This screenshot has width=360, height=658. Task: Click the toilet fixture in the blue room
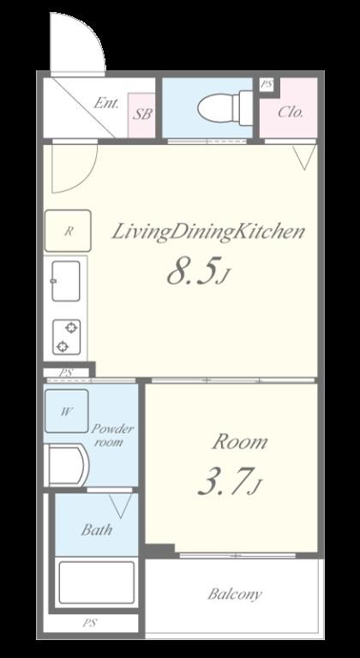[225, 107]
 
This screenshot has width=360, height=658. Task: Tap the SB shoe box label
[142, 114]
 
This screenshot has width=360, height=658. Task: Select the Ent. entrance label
[106, 103]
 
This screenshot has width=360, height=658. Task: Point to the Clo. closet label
[291, 112]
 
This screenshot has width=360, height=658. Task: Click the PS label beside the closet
[266, 84]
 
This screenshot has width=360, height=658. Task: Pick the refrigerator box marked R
[68, 230]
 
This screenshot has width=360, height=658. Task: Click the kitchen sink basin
[66, 281]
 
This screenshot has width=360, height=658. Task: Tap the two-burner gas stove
[66, 337]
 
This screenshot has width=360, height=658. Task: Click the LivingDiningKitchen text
[208, 233]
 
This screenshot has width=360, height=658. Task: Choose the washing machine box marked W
[66, 411]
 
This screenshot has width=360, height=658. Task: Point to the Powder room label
[112, 435]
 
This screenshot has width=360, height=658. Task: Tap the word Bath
[97, 529]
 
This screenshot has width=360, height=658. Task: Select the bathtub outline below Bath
[96, 582]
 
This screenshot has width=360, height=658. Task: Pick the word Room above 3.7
[239, 442]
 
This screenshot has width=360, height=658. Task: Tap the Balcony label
[234, 594]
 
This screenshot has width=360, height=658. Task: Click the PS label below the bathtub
[89, 623]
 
